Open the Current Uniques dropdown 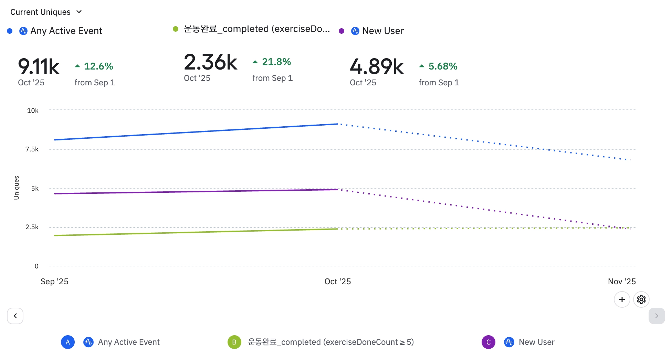point(46,12)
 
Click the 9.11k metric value point(39,66)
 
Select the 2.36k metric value point(210,62)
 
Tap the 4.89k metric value point(377,66)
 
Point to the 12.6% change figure point(98,66)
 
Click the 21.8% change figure point(276,62)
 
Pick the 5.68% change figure point(442,66)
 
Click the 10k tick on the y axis point(33,110)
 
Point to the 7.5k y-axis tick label point(32,149)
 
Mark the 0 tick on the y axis point(36,266)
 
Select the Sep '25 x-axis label point(54,282)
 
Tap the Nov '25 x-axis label point(621,282)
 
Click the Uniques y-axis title point(16,188)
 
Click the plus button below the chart point(622,299)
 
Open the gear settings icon point(641,299)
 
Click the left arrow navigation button point(15,316)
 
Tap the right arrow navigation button point(657,316)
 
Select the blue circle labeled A point(68,342)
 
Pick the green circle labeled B point(234,342)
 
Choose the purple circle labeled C point(488,342)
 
